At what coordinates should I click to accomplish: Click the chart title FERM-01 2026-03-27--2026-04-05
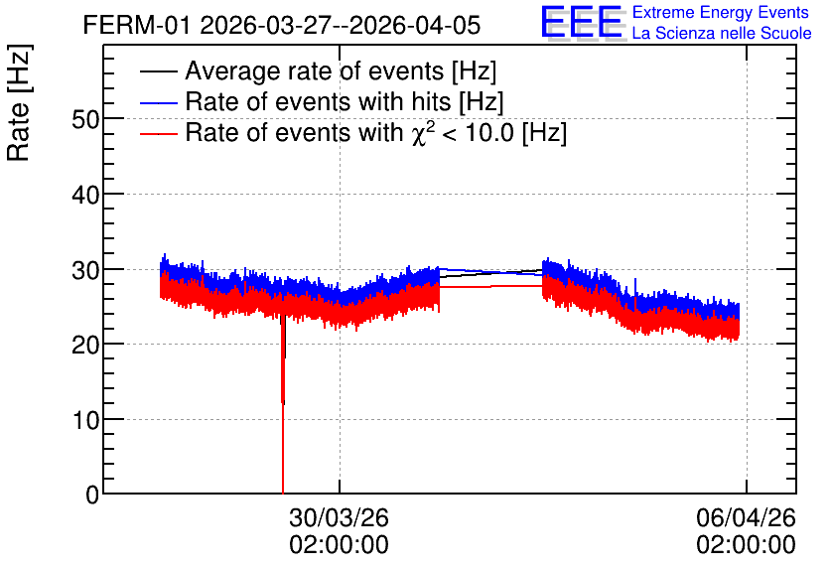[x=282, y=25]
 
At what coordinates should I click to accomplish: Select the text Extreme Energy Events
[x=721, y=12]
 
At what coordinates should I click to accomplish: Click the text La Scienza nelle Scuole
[x=722, y=33]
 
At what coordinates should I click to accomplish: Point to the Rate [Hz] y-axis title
[x=19, y=102]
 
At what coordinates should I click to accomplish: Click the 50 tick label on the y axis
[x=85, y=119]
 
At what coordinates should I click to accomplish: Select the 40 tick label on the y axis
[x=85, y=196]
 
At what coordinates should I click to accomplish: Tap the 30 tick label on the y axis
[x=85, y=270]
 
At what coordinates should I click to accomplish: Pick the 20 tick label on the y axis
[x=85, y=346]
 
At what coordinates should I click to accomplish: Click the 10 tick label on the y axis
[x=85, y=420]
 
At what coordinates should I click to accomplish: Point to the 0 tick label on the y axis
[x=92, y=495]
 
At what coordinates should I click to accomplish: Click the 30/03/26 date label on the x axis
[x=339, y=517]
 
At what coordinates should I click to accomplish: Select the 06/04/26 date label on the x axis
[x=746, y=517]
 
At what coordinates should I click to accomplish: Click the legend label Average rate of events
[x=341, y=71]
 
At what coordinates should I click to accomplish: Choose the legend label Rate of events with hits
[x=345, y=101]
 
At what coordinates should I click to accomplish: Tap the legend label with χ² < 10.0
[x=376, y=132]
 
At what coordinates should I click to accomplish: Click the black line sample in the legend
[x=158, y=71]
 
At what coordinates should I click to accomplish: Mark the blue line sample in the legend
[x=158, y=102]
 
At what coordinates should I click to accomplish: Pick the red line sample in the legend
[x=158, y=133]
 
